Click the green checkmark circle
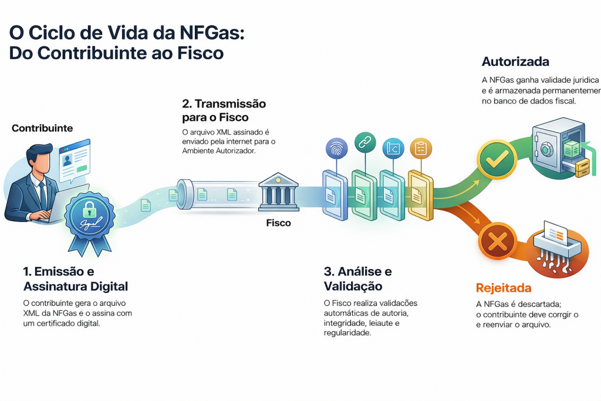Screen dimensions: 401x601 [496, 158]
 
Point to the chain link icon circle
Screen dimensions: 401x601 [364, 143]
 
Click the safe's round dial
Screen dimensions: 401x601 [547, 150]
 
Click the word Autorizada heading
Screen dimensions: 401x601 [515, 62]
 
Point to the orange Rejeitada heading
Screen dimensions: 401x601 [504, 288]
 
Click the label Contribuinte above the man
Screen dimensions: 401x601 [42, 127]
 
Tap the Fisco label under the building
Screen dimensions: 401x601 [278, 223]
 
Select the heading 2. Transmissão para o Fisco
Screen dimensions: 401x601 [224, 110]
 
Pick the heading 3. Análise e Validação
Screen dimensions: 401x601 [357, 279]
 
